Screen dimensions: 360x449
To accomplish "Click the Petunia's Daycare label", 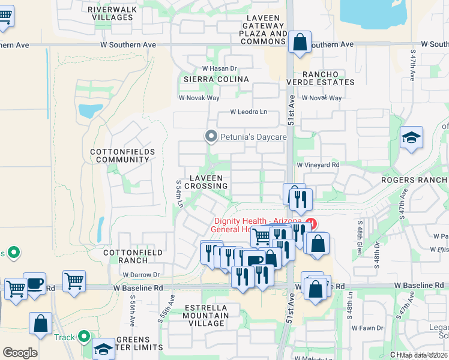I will click(x=253, y=137).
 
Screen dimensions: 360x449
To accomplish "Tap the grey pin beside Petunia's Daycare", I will click(x=211, y=137).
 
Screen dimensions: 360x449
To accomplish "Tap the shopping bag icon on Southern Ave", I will click(x=300, y=43).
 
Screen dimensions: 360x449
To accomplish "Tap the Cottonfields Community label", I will click(x=119, y=156).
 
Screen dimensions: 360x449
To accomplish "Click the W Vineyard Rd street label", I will click(x=318, y=164).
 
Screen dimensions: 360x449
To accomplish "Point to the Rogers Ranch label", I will click(x=415, y=179).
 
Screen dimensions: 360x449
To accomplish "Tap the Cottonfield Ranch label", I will click(x=133, y=256).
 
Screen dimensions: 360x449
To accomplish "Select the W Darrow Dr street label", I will click(x=141, y=275).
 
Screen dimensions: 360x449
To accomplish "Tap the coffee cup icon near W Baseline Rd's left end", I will click(x=35, y=283).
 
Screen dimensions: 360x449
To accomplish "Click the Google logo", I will click(x=20, y=352).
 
